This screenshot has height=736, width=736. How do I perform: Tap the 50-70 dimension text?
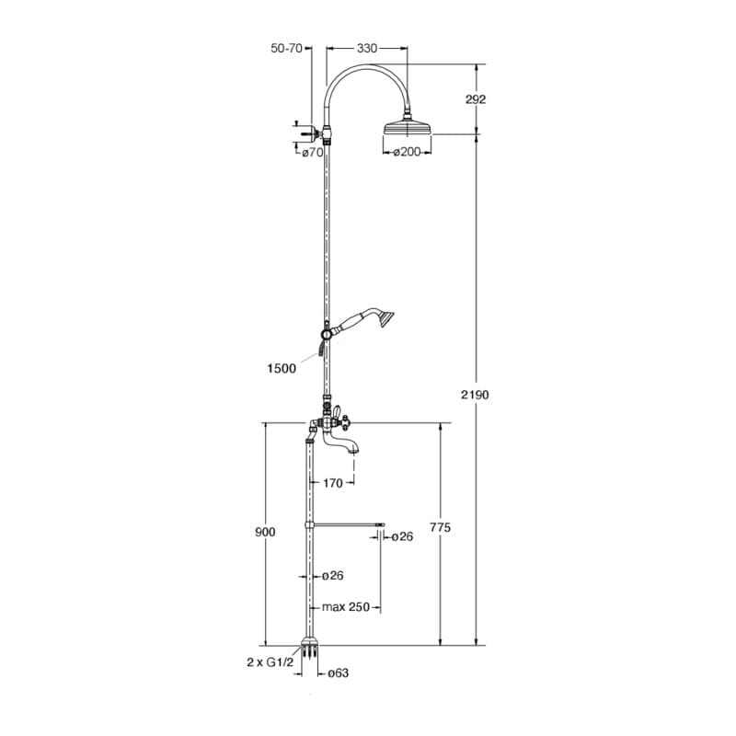286,48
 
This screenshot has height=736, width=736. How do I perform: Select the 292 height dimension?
476,99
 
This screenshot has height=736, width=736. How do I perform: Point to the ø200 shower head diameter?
406,152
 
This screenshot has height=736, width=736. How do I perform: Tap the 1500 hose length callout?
282,368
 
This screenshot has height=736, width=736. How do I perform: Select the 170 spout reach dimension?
332,483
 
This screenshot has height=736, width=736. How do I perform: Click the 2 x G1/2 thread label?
270,662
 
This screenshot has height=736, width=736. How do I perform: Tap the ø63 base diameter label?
338,673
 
